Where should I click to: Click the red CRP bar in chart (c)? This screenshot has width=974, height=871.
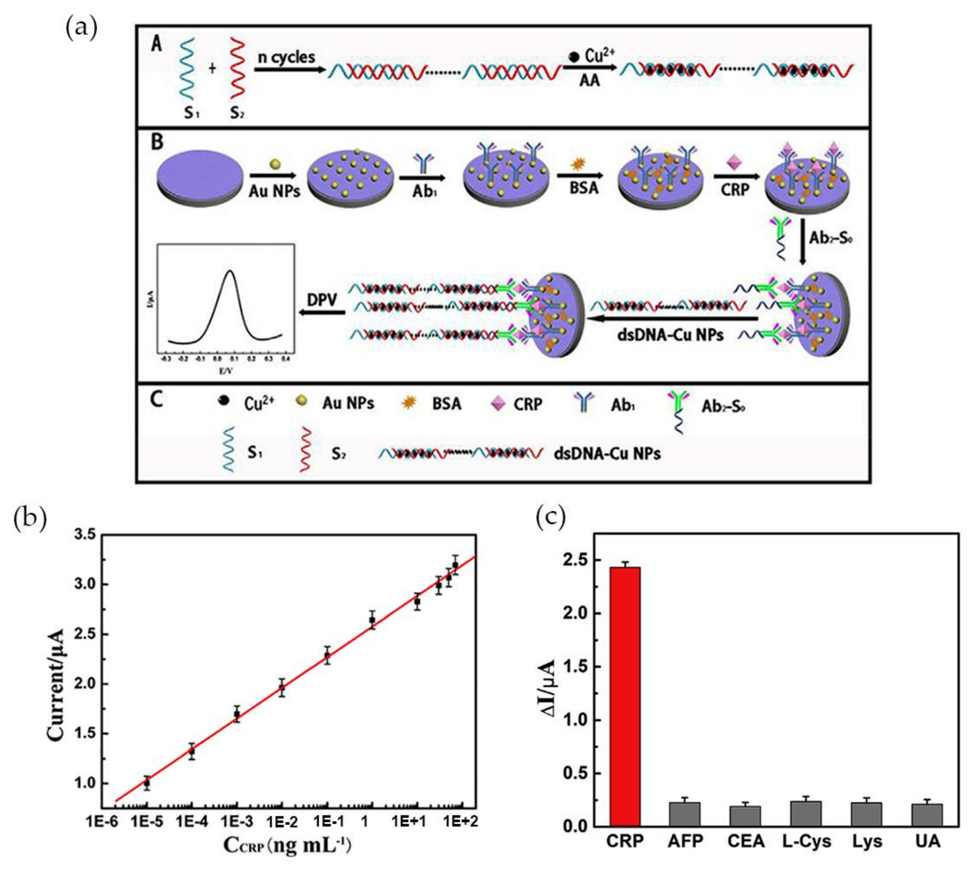625,699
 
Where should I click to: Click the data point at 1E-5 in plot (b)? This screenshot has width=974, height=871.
147,784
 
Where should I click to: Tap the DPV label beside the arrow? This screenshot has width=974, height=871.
322,300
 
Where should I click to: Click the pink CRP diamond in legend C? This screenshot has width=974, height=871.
498,404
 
